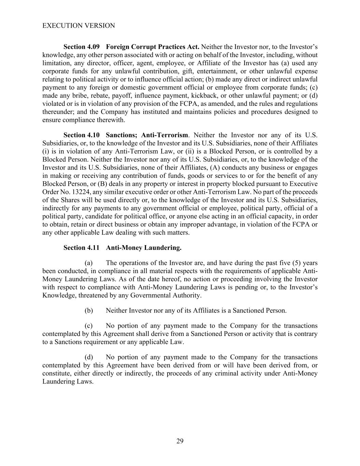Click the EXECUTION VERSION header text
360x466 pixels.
point(78,26)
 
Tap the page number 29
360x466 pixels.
point(180,441)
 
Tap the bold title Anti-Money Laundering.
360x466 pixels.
point(144,248)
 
